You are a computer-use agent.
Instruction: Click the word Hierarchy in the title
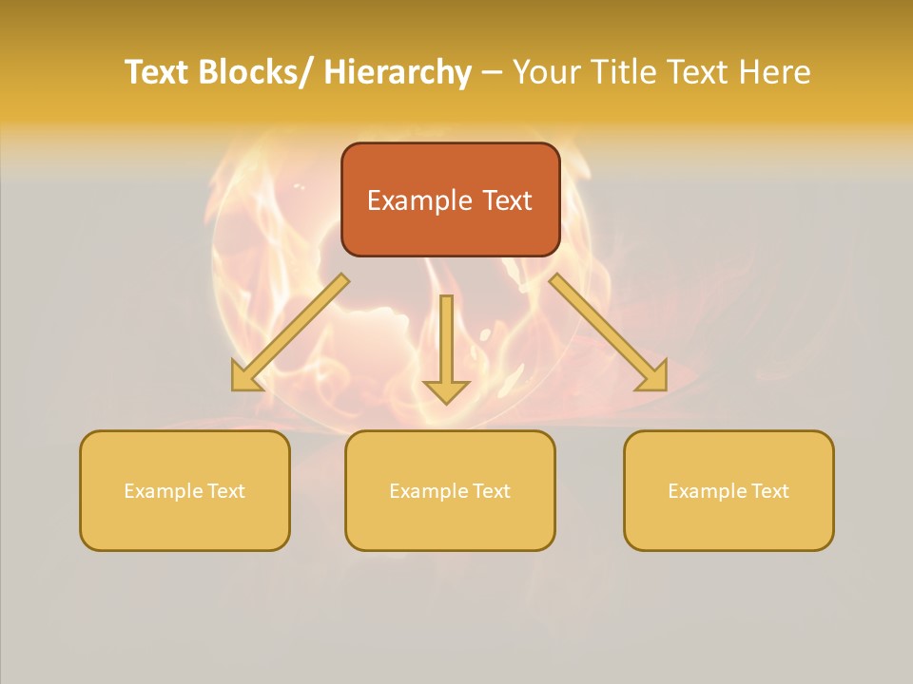tap(398, 72)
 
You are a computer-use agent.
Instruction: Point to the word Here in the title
tap(773, 72)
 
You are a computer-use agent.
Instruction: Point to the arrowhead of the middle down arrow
tap(446, 390)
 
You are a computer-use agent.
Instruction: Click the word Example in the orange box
tap(419, 200)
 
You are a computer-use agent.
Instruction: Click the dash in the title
tap(492, 72)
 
